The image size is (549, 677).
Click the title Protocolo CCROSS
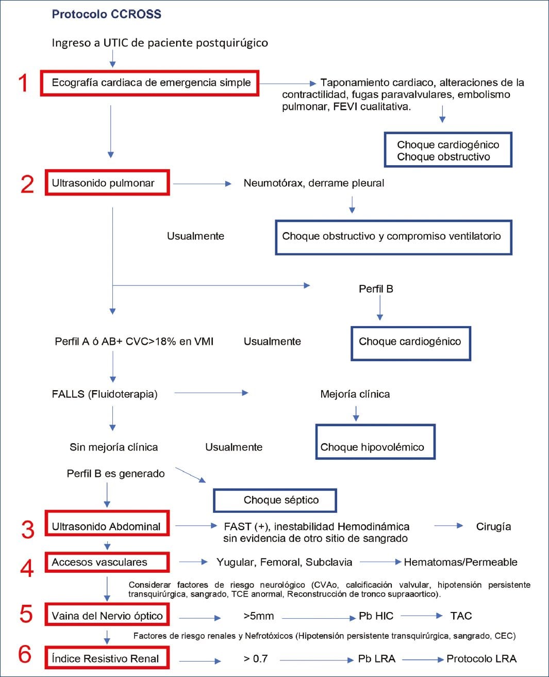[106, 14]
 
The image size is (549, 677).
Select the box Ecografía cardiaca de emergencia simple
[149, 83]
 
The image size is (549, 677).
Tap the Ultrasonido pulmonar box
[107, 183]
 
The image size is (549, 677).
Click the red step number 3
[28, 529]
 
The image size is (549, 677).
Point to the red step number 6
[25, 654]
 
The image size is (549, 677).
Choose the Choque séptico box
[275, 500]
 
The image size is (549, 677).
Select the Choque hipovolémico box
[375, 442]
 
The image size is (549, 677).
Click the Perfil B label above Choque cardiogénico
[376, 289]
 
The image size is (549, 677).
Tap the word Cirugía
[493, 527]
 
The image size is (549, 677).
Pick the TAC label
[461, 616]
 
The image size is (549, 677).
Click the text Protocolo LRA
[481, 659]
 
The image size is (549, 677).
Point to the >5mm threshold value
[259, 616]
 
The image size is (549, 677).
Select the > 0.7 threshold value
[256, 659]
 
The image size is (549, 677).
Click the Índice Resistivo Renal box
[107, 658]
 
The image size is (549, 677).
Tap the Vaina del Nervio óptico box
[107, 615]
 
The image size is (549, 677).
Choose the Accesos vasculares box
[107, 562]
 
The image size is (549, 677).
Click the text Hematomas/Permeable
[460, 562]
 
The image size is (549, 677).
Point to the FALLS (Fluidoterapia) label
[105, 394]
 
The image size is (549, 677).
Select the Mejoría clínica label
[355, 394]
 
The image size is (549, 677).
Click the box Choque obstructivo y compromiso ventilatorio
[393, 237]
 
